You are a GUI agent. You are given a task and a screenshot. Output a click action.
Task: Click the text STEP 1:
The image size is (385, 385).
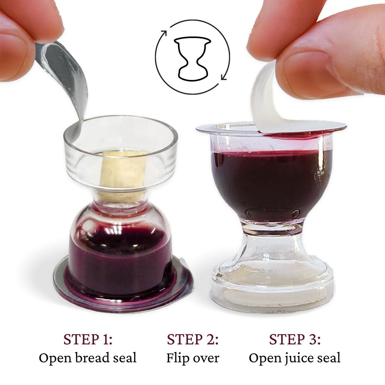tap(88, 339)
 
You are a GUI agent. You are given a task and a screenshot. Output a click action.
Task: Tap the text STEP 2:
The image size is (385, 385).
tap(192, 339)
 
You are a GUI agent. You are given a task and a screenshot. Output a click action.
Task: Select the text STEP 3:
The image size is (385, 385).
tap(294, 339)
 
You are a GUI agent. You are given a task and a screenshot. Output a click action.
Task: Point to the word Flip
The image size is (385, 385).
tap(177, 358)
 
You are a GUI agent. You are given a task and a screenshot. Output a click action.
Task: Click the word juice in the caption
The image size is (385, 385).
tap(294, 358)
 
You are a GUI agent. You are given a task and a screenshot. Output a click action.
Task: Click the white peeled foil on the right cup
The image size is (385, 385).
tap(268, 99)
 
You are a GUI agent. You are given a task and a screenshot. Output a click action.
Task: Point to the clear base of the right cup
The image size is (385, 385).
tap(272, 286)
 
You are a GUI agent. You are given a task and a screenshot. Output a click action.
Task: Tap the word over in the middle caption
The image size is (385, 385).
tap(206, 358)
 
